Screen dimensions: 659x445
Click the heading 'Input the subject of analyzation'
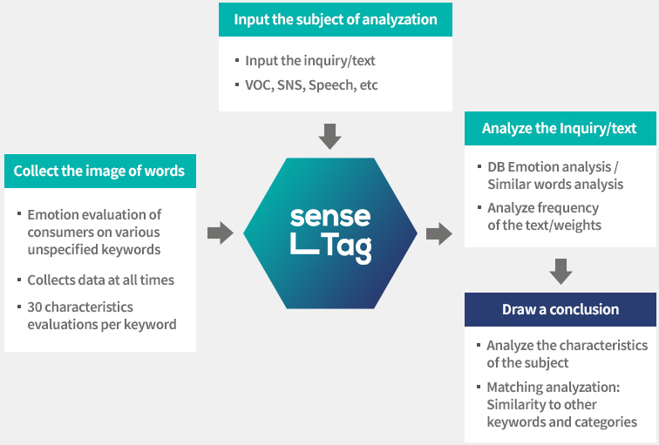tap(336, 20)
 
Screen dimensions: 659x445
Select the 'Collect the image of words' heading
tap(99, 171)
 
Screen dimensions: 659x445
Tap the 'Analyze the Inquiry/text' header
tap(560, 129)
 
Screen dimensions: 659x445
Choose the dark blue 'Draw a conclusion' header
tap(560, 309)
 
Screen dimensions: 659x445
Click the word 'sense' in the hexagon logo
tap(330, 217)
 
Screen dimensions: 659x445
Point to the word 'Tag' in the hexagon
tap(346, 248)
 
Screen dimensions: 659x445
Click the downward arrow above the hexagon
tap(329, 137)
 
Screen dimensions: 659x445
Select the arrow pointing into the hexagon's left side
tap(221, 233)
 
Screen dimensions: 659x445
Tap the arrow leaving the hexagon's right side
tap(439, 233)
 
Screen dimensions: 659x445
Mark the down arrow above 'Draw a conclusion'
tap(560, 272)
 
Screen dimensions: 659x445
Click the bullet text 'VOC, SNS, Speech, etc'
tap(311, 85)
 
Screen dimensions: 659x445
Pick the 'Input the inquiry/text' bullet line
tap(310, 61)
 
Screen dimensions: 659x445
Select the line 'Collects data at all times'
tap(101, 280)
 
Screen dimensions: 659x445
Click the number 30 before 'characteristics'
tap(35, 307)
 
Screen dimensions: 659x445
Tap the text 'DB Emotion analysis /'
tap(553, 167)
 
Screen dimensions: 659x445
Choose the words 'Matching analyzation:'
tap(553, 388)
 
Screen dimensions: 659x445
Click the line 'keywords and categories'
tap(562, 421)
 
